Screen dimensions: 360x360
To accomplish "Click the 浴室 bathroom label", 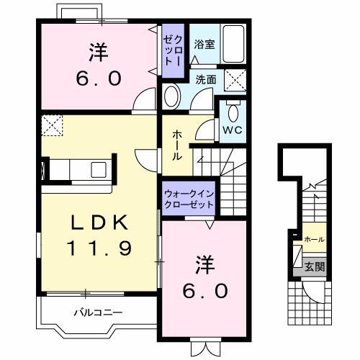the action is pos(204,45).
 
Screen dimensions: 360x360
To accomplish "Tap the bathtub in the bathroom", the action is pos(233,44).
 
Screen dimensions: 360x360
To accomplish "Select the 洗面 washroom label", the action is pos(206,80).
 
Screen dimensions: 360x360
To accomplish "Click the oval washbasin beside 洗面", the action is pos(172,96).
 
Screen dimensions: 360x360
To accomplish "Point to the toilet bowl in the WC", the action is pos(233,113).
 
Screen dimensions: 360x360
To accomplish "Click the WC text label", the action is pos(233,130).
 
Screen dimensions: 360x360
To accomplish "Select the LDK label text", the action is pos(99,222).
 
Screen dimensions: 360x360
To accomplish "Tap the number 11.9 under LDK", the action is pos(99,248).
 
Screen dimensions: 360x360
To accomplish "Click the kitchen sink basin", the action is pos(99,170).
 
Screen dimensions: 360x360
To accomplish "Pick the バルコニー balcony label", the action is pos(98,312).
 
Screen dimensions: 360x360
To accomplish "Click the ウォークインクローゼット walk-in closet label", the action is pos(189,199).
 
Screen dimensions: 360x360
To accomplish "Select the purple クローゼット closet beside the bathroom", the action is pos(173,50).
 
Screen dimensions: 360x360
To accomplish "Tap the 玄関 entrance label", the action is pos(315,266).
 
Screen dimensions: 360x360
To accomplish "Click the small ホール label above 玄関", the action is pos(315,239).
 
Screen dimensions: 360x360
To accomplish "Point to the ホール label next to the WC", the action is pos(177,145).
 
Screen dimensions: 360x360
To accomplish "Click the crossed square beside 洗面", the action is pos(235,80).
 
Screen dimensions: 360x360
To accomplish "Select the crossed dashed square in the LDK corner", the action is pos(52,125).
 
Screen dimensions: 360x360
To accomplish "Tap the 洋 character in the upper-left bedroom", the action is pos(99,53).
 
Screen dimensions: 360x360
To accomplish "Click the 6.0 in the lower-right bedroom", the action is pos(205,291).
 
